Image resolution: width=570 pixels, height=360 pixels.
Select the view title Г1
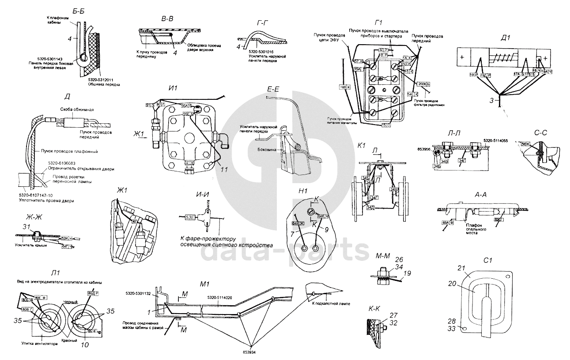click(378, 23)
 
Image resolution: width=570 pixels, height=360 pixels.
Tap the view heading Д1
click(506, 38)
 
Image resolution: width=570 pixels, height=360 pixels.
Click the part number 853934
click(251, 352)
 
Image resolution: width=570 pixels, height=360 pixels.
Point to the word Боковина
click(268, 149)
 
